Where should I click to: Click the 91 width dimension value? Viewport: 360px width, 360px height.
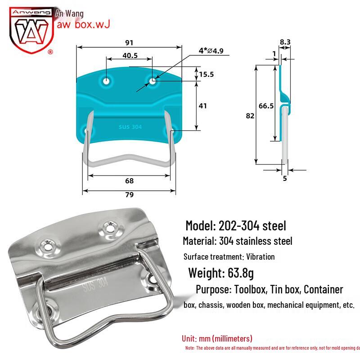tap(129, 43)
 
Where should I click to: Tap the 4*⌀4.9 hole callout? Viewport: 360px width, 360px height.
tap(211, 51)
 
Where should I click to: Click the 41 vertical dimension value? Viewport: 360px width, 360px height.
tap(202, 106)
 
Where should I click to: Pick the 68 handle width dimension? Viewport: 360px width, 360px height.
tap(129, 181)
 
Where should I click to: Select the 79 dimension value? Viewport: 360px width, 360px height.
tap(129, 195)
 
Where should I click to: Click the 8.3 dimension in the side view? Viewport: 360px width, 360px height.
tap(285, 42)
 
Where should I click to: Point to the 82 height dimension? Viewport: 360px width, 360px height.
tap(251, 116)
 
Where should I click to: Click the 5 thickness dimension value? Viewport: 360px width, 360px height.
tap(285, 178)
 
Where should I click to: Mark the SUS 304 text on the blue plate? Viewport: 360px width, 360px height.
tap(130, 127)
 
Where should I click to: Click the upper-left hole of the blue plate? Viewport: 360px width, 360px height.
tap(107, 81)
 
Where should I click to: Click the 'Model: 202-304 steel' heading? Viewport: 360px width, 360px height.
tap(236, 225)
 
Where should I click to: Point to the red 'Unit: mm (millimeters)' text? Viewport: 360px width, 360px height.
tap(217, 338)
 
